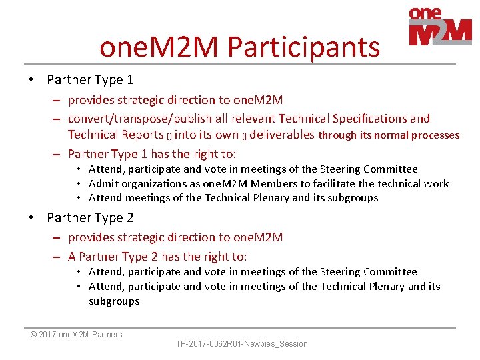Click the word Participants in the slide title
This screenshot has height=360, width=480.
(x=303, y=47)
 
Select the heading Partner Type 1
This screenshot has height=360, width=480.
(x=90, y=80)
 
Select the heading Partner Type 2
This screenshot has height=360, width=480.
(x=90, y=217)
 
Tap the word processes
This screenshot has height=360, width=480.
(x=436, y=135)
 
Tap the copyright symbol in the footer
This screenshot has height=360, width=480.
(x=34, y=335)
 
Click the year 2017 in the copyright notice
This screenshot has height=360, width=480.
(x=48, y=335)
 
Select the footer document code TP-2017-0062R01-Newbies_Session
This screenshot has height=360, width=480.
(x=241, y=344)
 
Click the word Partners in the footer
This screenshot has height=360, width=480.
(x=107, y=335)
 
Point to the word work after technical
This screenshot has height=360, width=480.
(x=437, y=183)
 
